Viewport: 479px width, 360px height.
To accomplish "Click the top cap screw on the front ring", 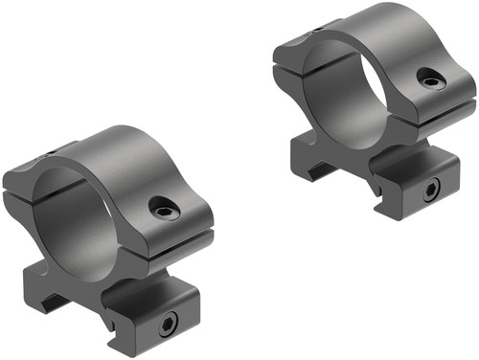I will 162,206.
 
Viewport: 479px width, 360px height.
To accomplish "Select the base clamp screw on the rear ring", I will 426,189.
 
